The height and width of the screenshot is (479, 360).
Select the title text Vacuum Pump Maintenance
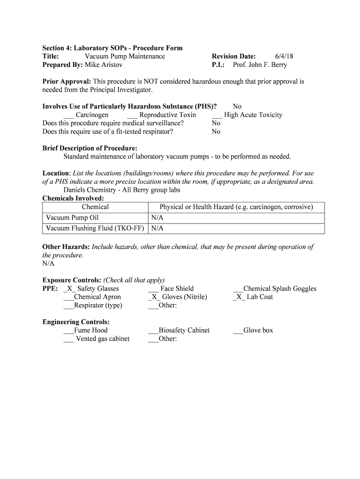124,57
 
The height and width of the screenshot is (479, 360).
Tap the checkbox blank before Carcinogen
68,116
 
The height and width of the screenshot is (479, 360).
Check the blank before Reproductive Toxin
132,116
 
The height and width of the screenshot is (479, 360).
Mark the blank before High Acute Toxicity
216,116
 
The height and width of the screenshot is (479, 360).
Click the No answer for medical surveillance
216,123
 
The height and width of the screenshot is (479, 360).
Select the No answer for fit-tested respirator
216,131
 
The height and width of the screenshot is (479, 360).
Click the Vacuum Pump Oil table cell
72,218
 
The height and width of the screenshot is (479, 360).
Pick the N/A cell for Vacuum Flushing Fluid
157,229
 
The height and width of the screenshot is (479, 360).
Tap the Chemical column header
95,207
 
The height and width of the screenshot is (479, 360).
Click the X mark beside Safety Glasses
69,289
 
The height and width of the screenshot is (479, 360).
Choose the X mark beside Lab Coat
238,297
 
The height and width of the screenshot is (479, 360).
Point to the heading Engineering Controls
76,322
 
